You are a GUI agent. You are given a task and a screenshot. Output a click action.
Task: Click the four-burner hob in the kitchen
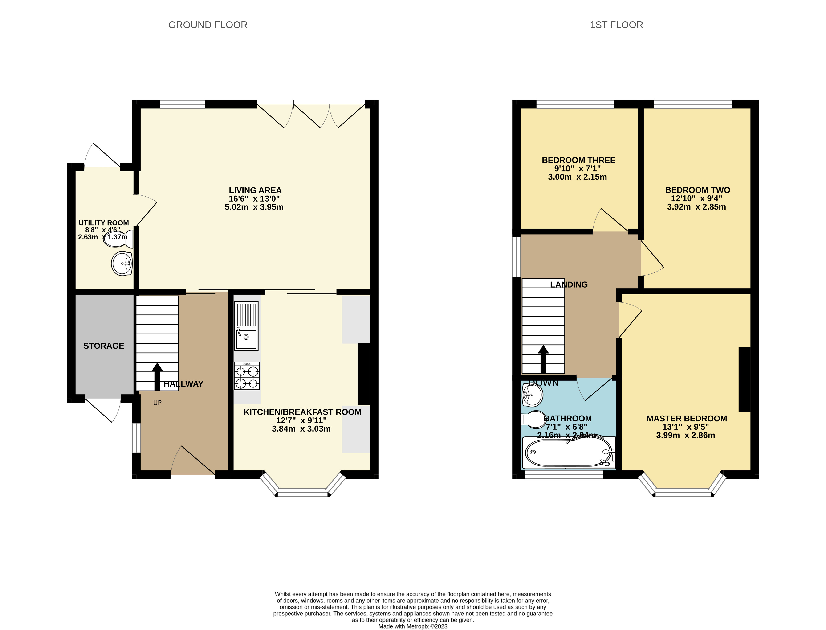point(247,376)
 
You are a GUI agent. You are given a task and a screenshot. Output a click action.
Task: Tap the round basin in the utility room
point(122,264)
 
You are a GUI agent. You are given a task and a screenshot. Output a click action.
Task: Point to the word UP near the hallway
point(157,403)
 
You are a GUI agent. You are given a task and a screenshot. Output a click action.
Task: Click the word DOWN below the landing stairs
point(543,383)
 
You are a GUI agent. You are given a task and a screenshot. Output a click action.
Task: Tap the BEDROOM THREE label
point(578,160)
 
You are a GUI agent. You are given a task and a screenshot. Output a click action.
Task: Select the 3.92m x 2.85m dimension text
point(696,207)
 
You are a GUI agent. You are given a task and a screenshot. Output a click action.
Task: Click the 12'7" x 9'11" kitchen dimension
point(301,420)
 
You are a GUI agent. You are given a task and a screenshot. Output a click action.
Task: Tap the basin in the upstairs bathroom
point(532,395)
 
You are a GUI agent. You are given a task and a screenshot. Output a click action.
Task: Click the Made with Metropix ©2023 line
point(413,626)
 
